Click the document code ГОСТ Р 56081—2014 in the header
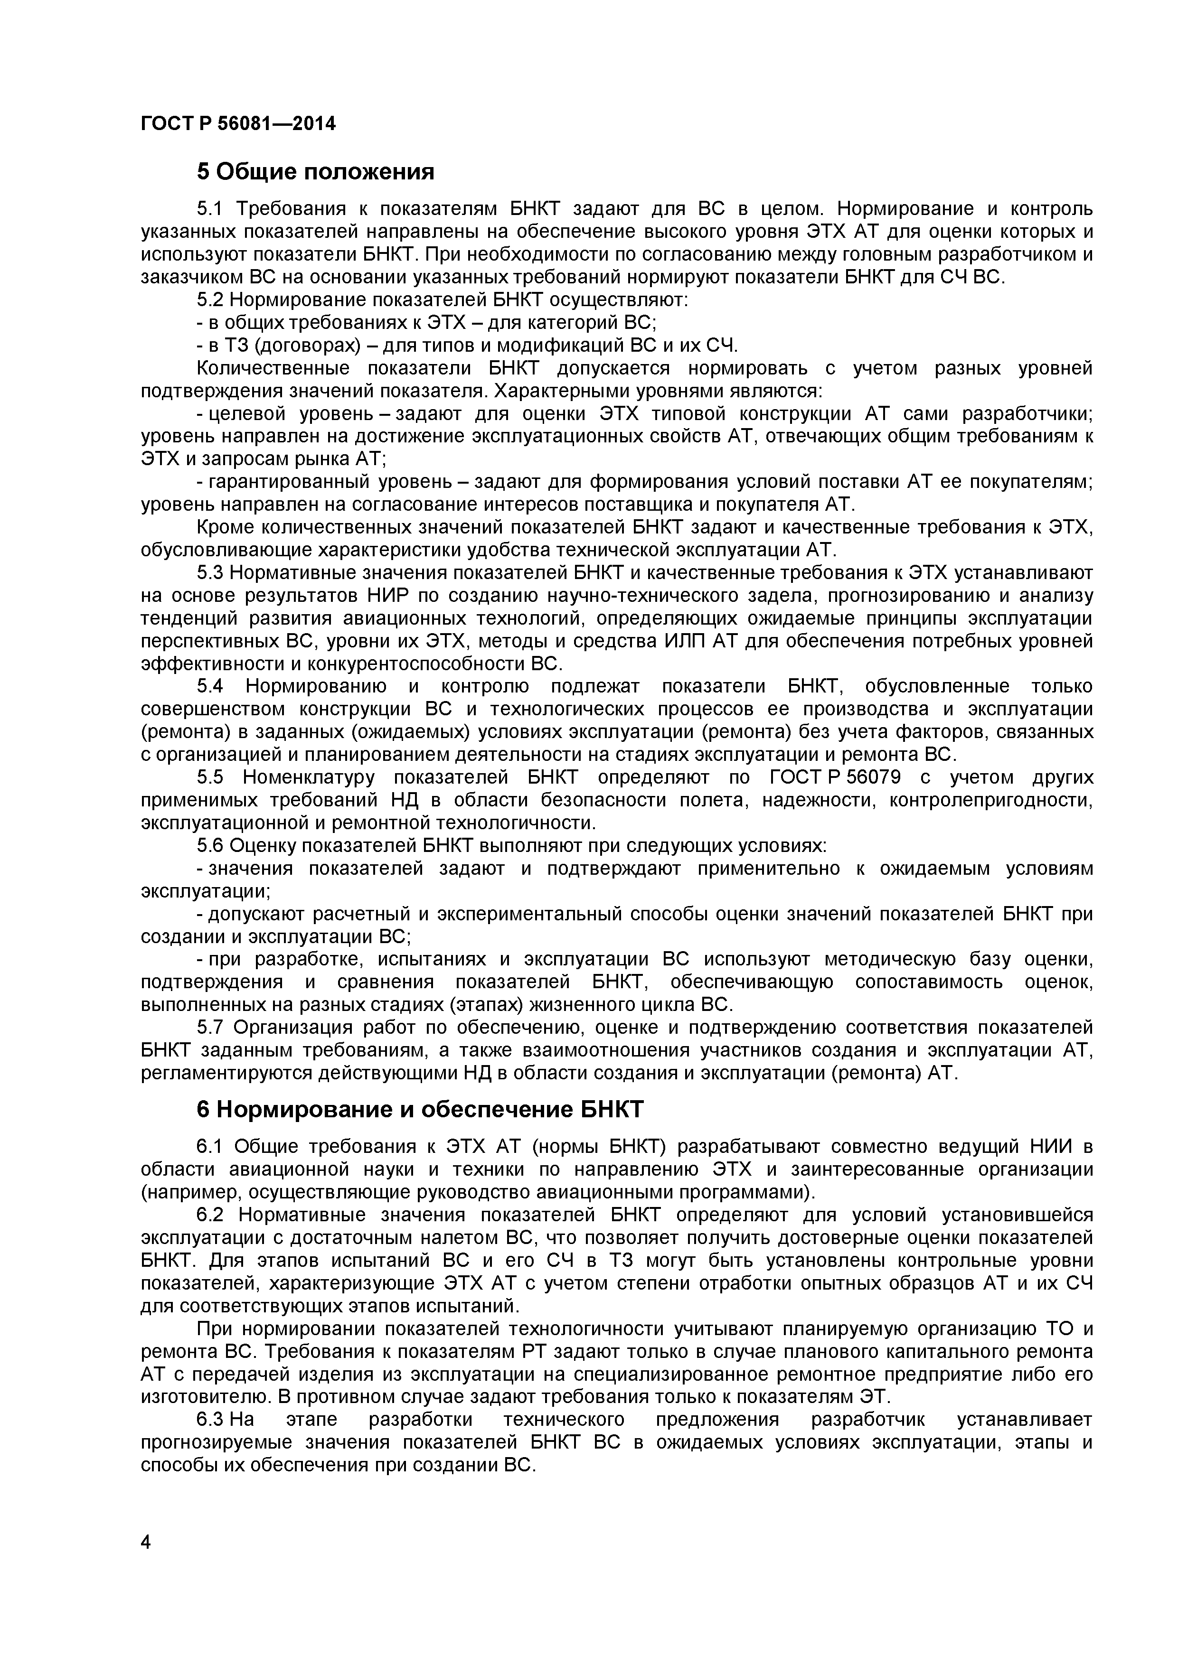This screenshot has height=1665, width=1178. click(x=238, y=124)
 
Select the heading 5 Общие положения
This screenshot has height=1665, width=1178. click(x=316, y=172)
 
